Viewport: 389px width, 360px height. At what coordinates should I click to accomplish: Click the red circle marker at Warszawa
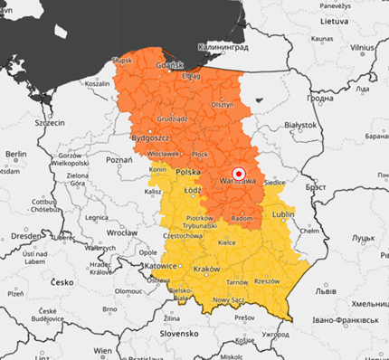click(239, 173)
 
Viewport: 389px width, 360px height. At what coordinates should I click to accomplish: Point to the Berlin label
click(15, 155)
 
